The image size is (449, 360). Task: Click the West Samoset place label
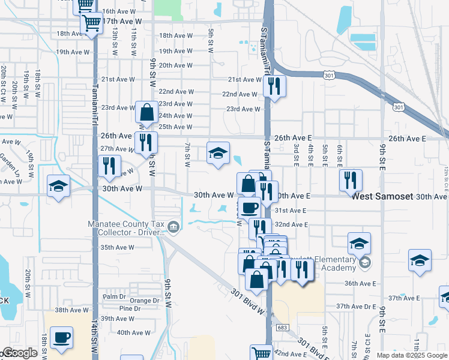click(382, 196)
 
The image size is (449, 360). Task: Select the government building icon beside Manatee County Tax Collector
click(173, 226)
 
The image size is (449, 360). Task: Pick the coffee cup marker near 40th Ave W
click(61, 338)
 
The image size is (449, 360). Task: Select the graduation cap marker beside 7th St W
click(218, 153)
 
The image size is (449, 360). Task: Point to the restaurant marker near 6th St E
click(351, 180)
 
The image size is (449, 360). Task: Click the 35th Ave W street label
click(117, 247)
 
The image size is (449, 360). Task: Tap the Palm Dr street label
click(113, 296)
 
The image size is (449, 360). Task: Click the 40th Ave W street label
click(134, 332)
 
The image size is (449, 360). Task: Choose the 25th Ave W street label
click(175, 127)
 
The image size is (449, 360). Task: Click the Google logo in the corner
click(19, 353)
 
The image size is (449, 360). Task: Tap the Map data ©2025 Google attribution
click(411, 355)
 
